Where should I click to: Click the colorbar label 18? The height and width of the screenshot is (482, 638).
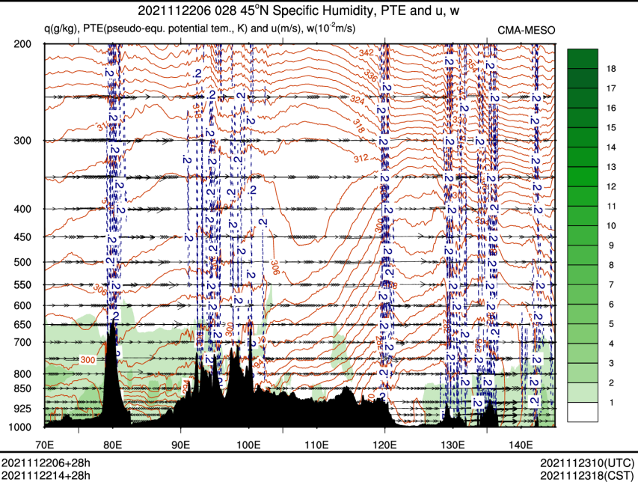pos(610,68)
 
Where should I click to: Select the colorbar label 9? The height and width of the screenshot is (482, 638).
pos(610,245)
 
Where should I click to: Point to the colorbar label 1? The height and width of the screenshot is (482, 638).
pos(610,403)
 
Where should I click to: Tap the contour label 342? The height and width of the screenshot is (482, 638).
pos(366,53)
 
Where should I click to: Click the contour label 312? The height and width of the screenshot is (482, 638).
pos(361,159)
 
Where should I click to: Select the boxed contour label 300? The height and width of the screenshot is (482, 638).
pos(88,360)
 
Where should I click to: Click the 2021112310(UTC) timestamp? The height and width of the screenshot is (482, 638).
pos(589,463)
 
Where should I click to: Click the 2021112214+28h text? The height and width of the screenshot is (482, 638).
pos(46,475)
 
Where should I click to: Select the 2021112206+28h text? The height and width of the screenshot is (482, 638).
pos(46,463)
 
